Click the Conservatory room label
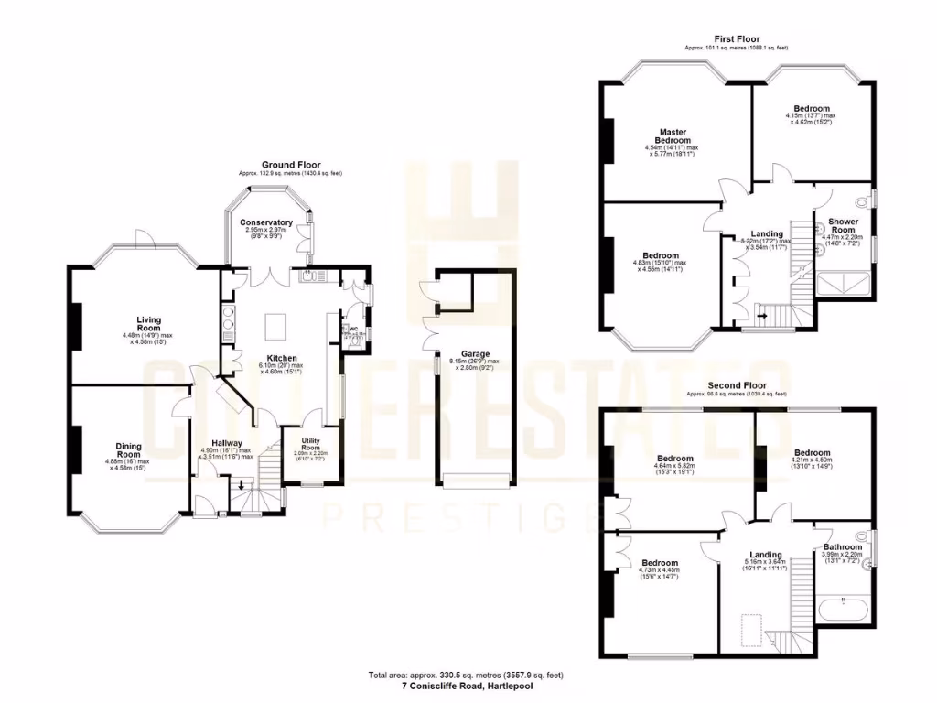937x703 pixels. (x=266, y=222)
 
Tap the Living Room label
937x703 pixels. (x=148, y=324)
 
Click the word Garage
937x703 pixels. (x=475, y=353)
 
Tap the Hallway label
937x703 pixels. (x=227, y=443)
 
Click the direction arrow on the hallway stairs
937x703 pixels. (x=242, y=486)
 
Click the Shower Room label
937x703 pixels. (x=843, y=225)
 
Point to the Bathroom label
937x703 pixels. (x=842, y=547)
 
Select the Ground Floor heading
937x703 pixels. (x=290, y=165)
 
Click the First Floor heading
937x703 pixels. (x=737, y=39)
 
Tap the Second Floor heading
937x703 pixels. (x=737, y=386)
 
